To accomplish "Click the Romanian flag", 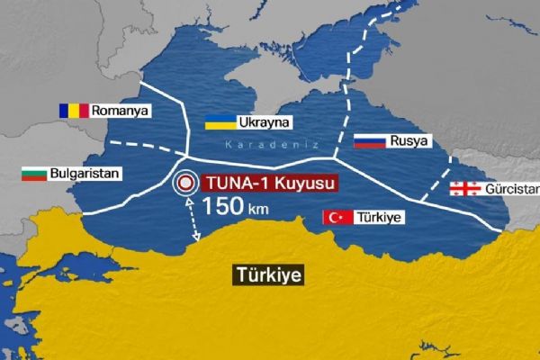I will click(x=74, y=110).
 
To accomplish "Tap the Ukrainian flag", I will click(x=220, y=121).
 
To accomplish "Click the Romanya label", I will click(x=123, y=111).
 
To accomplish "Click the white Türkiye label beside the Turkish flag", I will click(x=380, y=217).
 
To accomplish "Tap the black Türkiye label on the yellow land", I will click(x=267, y=274).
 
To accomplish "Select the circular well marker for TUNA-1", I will click(x=186, y=183).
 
